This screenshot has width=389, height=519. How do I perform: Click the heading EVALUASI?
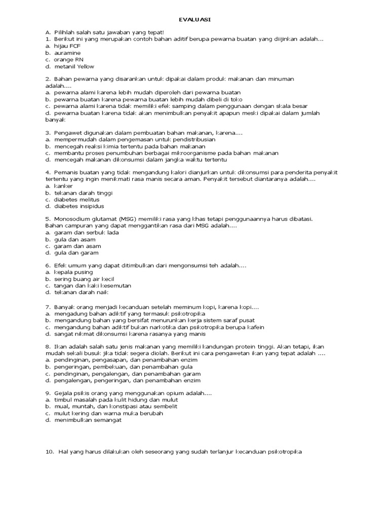coord(195,19)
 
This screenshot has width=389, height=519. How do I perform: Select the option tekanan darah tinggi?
coord(83,193)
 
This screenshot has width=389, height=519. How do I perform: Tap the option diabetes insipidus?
coord(79,206)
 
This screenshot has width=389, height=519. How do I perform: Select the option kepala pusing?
coord(74,272)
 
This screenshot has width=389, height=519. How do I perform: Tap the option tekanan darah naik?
coord(81,292)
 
